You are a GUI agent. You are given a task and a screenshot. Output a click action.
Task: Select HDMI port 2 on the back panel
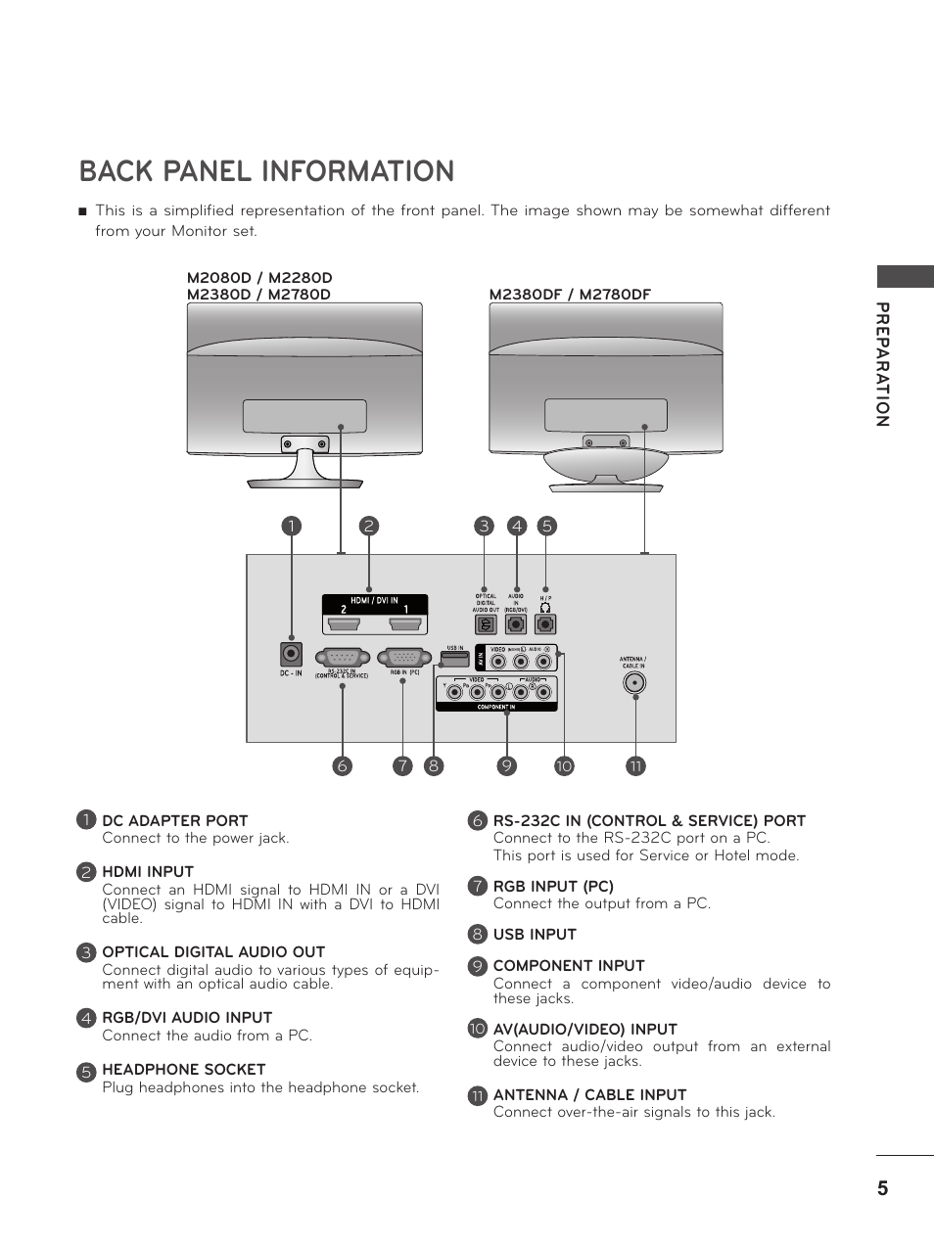[343, 622]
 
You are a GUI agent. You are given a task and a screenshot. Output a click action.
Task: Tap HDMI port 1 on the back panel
[404, 622]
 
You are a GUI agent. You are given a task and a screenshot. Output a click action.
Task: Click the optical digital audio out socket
[485, 623]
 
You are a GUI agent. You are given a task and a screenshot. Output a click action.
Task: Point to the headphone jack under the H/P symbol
[545, 623]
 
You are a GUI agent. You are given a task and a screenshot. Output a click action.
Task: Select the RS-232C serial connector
[342, 658]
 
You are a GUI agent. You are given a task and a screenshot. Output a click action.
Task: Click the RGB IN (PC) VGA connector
[405, 658]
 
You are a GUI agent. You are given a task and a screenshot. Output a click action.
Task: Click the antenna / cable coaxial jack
[634, 682]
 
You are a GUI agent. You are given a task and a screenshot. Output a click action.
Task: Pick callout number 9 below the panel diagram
[505, 766]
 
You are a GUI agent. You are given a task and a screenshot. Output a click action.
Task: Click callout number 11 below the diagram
[635, 766]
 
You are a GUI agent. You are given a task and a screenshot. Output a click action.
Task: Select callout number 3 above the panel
[484, 526]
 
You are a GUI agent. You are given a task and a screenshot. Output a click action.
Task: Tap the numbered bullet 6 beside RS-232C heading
[477, 821]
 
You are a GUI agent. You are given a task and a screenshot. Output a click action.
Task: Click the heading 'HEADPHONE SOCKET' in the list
[184, 1070]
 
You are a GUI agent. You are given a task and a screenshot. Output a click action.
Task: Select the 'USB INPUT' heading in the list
[535, 935]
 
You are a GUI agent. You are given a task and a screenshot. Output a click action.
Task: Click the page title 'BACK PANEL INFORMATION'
[266, 171]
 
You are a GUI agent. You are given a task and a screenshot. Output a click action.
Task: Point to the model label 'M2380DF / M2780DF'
[570, 295]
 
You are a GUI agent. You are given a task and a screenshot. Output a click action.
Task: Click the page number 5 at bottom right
[882, 1188]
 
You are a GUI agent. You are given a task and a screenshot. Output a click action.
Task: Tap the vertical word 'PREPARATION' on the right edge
[882, 364]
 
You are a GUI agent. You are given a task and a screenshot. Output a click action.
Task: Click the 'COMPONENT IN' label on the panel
[495, 707]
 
